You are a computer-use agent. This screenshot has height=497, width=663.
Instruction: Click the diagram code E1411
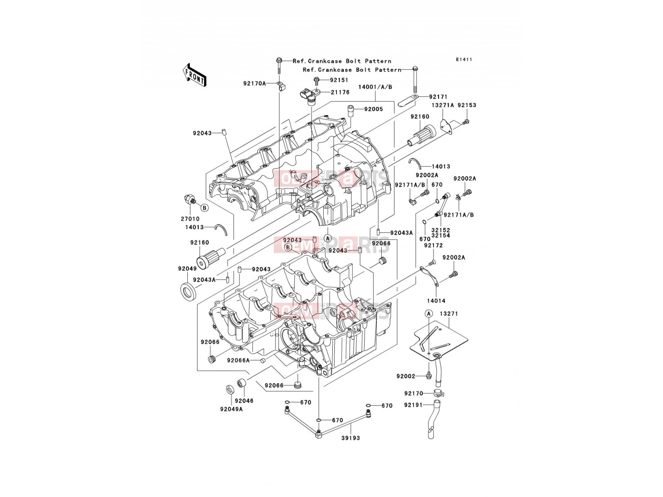464,60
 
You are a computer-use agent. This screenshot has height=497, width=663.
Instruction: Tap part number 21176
340,92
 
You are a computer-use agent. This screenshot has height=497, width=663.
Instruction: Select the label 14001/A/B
375,87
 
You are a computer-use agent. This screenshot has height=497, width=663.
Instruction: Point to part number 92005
374,109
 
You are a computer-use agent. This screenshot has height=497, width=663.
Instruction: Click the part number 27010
190,219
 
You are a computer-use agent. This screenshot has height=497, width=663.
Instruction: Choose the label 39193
351,438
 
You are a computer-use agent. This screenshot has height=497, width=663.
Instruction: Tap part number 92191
414,405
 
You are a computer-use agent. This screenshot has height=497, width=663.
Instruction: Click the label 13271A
443,105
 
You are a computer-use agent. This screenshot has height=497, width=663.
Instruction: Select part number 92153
467,105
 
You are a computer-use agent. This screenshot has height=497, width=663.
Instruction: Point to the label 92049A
231,409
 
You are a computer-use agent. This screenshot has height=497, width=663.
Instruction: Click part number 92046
244,401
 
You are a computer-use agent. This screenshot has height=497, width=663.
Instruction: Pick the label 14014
436,301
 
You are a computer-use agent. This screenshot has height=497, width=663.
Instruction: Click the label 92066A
239,360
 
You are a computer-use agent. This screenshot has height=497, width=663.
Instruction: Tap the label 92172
433,246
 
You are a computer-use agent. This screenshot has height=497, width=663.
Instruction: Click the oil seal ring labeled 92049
189,292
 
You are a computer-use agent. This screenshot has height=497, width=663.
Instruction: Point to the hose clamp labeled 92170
439,393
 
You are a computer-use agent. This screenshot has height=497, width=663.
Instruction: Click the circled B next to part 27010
204,208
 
